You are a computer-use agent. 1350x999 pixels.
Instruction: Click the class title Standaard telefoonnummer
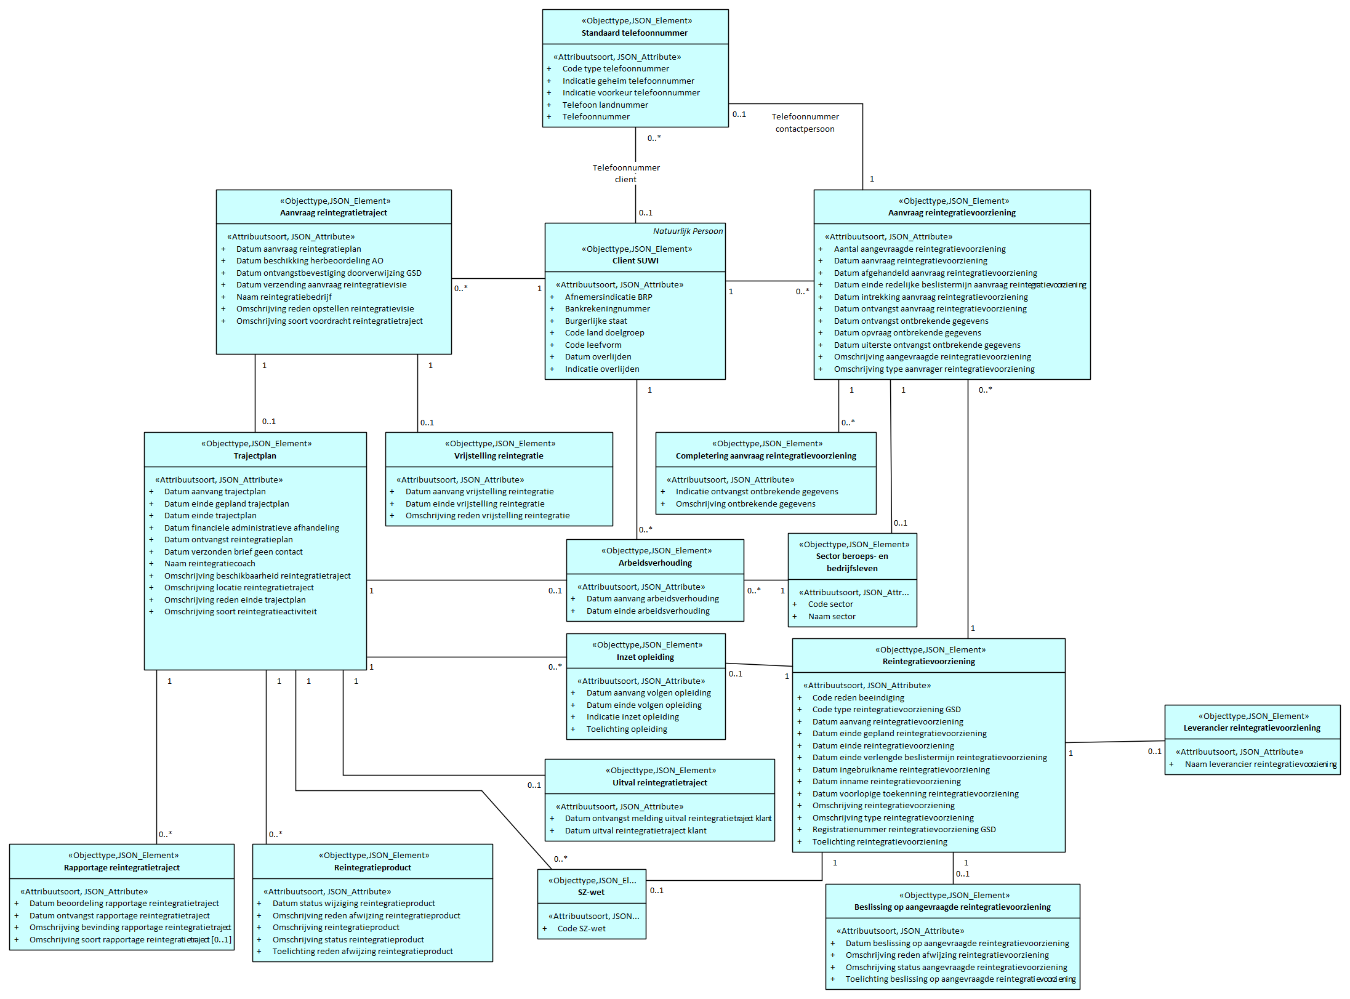(634, 33)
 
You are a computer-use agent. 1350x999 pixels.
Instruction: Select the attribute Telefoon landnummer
(605, 105)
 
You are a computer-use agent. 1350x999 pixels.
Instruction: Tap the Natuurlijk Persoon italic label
(688, 231)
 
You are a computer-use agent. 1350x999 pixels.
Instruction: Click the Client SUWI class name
(635, 260)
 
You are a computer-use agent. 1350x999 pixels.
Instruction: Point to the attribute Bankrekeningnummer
(607, 308)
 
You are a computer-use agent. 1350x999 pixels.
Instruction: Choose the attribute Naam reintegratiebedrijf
(283, 297)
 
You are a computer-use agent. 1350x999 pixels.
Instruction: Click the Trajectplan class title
(255, 455)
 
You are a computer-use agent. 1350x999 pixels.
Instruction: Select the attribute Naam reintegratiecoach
(209, 563)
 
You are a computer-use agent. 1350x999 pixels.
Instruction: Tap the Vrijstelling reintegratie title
(499, 455)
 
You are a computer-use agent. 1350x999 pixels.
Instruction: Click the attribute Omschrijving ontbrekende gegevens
(745, 504)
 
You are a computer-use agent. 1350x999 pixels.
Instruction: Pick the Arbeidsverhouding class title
(655, 563)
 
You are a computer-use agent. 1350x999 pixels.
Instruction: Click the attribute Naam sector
(831, 616)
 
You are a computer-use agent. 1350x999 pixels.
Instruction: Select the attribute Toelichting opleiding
(626, 729)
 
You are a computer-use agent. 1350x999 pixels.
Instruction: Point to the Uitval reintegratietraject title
(659, 782)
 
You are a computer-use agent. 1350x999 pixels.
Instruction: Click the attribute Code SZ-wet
(581, 928)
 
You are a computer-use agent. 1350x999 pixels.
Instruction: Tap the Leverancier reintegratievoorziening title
(1252, 728)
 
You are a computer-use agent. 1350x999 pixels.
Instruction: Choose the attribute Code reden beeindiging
(858, 697)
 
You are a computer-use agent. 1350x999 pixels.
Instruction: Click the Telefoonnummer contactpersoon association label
(805, 122)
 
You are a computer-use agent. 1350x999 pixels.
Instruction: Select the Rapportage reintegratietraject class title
(122, 867)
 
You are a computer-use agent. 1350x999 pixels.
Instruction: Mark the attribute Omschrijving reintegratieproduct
(335, 927)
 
